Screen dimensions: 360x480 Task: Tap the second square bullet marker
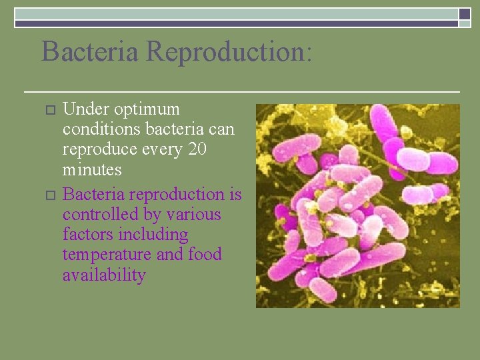(x=47, y=195)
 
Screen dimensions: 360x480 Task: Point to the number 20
(x=197, y=149)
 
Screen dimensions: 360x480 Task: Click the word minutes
(x=92, y=169)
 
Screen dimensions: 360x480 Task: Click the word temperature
(x=107, y=255)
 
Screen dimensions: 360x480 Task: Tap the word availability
(x=104, y=275)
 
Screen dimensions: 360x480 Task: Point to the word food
(x=205, y=255)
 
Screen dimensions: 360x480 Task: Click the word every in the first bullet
(x=157, y=149)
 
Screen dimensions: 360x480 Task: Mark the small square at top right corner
(x=465, y=13)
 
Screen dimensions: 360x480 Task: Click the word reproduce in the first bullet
(x=95, y=149)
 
